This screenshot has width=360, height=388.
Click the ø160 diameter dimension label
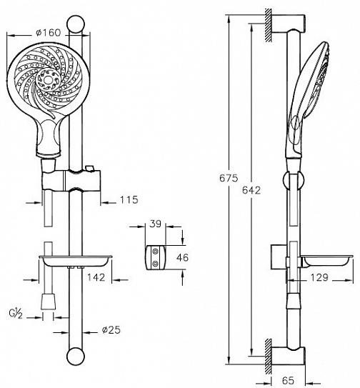[48, 32]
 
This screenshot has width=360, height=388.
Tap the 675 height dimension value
[229, 178]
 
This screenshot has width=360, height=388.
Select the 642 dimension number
[251, 190]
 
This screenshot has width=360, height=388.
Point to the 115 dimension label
[129, 199]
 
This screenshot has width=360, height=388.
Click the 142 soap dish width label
[96, 277]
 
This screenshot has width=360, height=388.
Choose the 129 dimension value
[319, 278]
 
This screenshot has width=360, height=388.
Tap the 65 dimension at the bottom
[288, 381]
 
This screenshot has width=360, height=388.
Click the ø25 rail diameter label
[111, 330]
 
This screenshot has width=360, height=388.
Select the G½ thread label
[16, 314]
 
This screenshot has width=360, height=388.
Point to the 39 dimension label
[156, 224]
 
